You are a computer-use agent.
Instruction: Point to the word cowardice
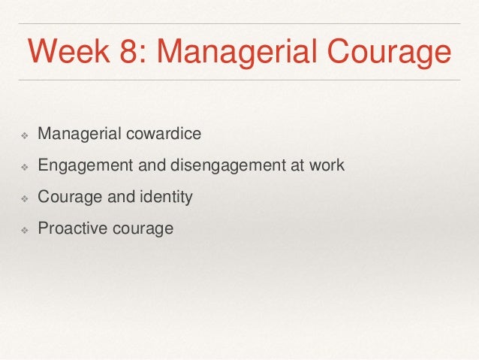pos(167,135)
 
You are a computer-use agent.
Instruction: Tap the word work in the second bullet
pos(327,165)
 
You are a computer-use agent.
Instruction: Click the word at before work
pos(299,165)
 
